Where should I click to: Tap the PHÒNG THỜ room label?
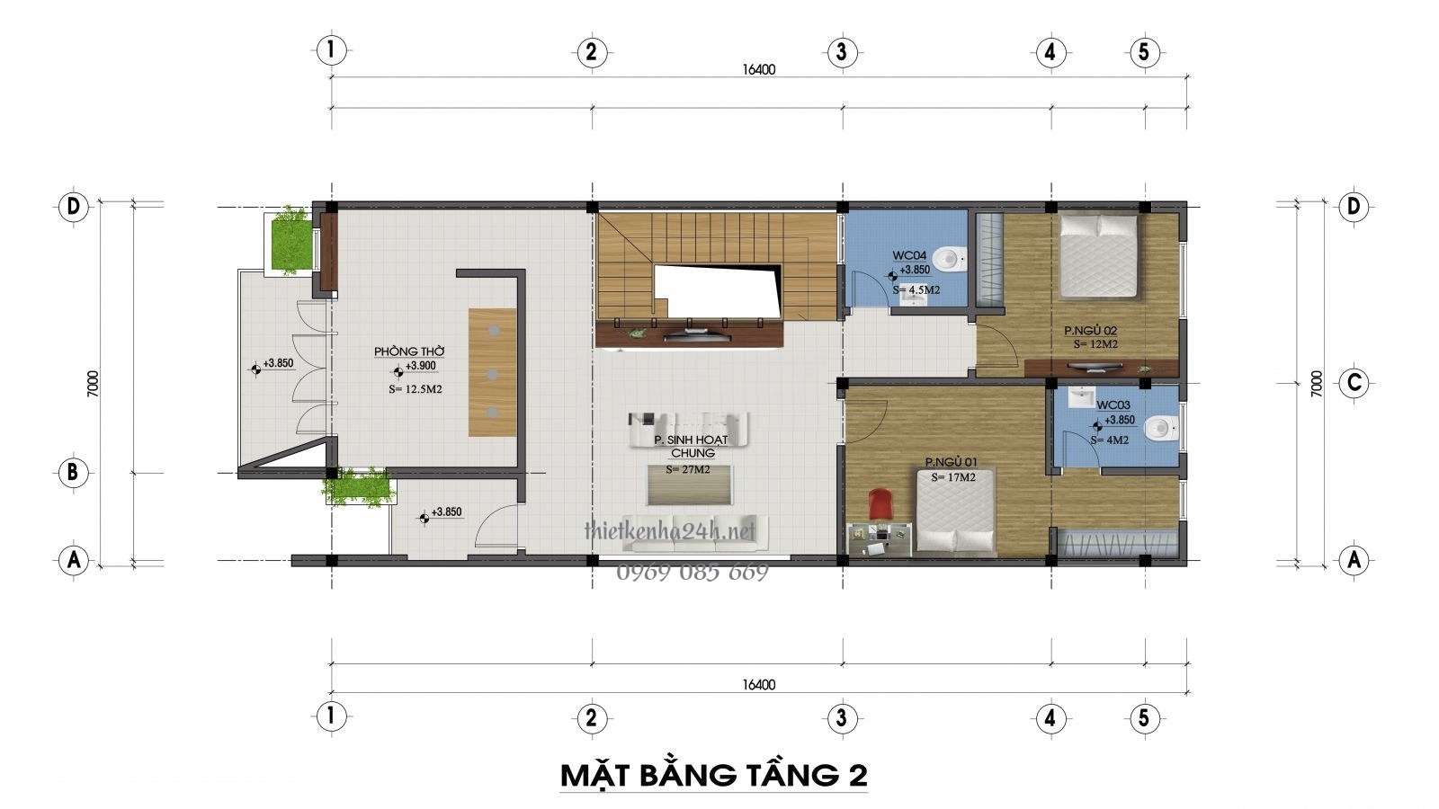tap(409, 351)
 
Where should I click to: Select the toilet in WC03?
tap(1166, 428)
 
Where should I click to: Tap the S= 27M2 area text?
tap(687, 469)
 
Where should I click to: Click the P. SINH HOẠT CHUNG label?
tap(691, 446)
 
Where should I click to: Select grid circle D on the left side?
tap(73, 207)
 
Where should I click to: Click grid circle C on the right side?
tap(1353, 384)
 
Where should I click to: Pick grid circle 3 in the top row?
tap(840, 51)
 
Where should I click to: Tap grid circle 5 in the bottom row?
tap(1143, 718)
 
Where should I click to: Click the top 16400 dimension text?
tap(758, 69)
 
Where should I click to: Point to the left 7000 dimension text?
tap(93, 384)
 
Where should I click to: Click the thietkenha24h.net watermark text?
tap(670, 532)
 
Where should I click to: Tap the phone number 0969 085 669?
tap(693, 573)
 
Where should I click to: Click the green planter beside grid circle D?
tap(290, 240)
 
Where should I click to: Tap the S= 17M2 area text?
tap(953, 477)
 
